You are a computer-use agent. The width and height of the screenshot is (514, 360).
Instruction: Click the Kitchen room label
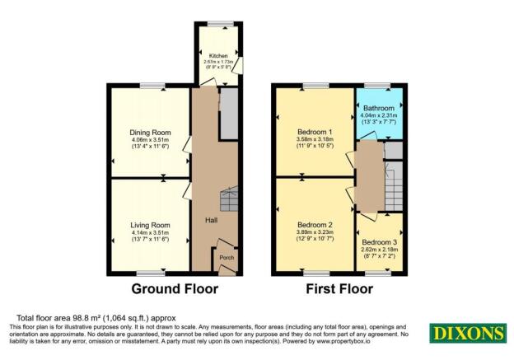pos(217,56)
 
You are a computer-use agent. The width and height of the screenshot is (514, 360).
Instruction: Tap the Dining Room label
pos(149,132)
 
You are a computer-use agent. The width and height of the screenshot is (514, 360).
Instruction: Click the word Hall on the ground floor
pos(211,221)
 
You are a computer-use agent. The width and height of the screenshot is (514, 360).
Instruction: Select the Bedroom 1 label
pos(314,132)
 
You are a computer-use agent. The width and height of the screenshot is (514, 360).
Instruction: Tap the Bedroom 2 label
pos(314,225)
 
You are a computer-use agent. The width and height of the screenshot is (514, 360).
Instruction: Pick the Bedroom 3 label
pos(380,243)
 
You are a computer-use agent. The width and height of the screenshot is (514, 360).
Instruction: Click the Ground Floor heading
pos(175,289)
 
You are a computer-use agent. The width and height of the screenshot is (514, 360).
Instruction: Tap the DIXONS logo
pos(465,333)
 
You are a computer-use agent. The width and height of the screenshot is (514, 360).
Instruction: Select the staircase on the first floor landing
pos(394,185)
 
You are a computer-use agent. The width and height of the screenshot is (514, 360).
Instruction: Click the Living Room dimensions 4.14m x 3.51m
pos(149,233)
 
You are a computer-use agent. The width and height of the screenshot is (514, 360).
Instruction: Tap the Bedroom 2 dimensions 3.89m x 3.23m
pos(314,233)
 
